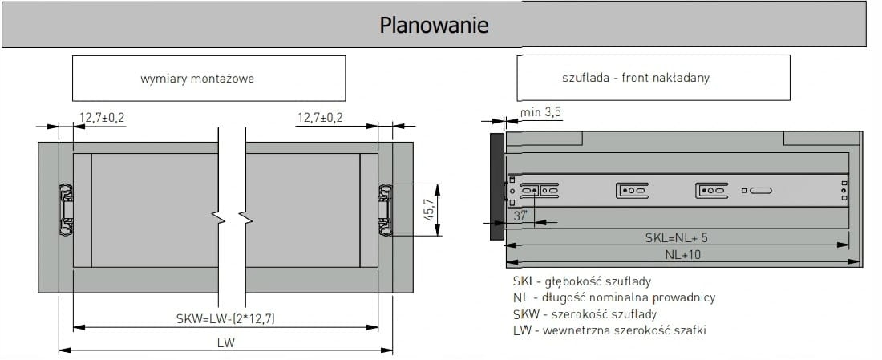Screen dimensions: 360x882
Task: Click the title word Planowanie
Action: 434,25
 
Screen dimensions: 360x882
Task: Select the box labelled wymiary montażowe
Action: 208,78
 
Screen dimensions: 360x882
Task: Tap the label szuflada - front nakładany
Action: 636,78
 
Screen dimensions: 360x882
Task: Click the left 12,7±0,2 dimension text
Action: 102,118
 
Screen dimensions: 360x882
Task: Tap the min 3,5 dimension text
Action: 541,112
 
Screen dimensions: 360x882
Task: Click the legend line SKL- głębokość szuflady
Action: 581,281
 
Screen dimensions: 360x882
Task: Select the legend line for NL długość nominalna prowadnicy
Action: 613,297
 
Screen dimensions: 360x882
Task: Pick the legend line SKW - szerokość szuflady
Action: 585,313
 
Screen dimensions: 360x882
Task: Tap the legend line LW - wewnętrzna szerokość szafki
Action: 609,330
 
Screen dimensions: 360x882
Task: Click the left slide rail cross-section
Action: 65,209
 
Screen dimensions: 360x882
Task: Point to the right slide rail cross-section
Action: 386,209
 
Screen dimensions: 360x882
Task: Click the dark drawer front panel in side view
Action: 495,186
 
